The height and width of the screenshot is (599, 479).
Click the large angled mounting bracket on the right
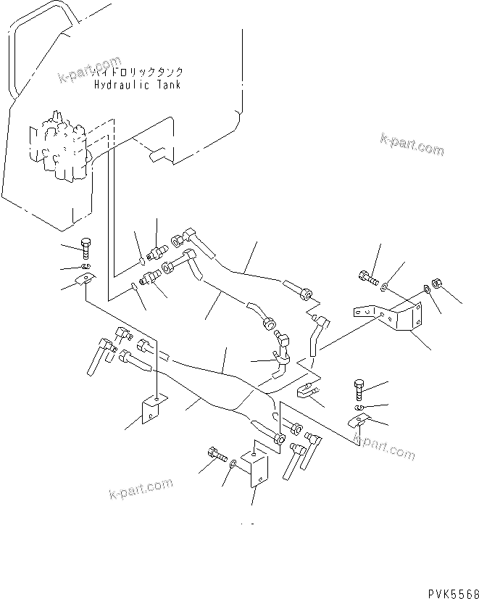click(392, 316)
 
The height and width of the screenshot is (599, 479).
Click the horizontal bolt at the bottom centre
click(214, 455)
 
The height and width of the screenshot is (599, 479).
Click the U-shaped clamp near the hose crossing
click(305, 392)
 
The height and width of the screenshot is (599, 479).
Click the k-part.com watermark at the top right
click(412, 144)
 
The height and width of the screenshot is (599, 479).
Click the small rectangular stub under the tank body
click(156, 155)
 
